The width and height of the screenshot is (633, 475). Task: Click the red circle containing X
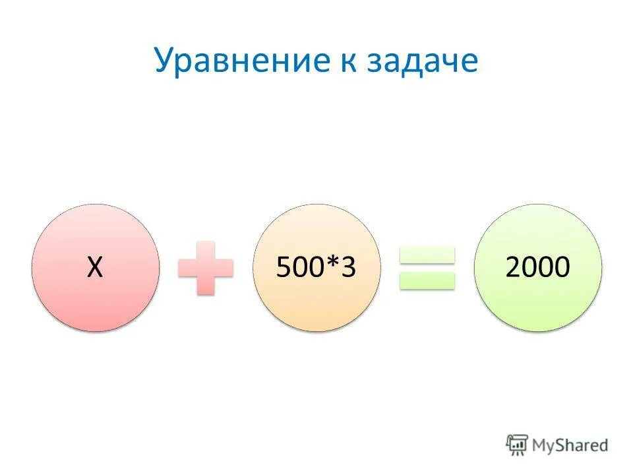[x=96, y=290]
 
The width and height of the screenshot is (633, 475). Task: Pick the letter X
[x=96, y=268]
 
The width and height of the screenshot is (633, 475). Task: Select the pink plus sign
[x=206, y=268]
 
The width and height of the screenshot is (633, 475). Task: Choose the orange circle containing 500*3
[x=316, y=297]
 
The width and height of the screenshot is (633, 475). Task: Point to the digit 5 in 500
[x=283, y=268]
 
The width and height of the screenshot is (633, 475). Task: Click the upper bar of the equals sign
[x=427, y=255]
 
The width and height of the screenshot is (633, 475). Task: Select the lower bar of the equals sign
[x=427, y=280]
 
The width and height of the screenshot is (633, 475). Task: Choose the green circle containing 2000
[x=538, y=297]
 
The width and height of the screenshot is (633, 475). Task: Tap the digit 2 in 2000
[x=514, y=268]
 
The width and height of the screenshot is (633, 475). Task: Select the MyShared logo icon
[x=518, y=445]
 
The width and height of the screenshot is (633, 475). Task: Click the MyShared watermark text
[x=570, y=445]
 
